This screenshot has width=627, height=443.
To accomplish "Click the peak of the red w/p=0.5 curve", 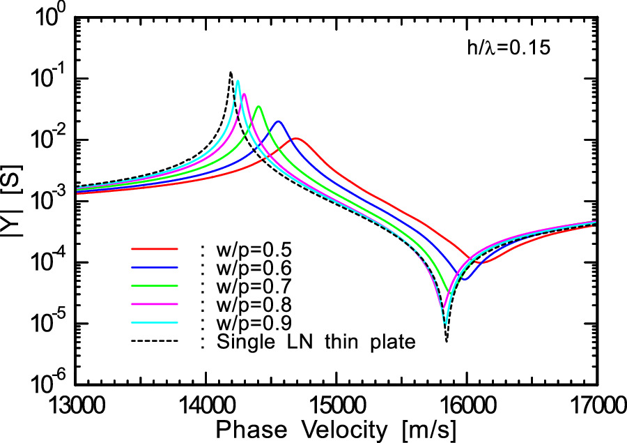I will [x=295, y=139].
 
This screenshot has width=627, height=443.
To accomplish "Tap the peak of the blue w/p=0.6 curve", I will [x=279, y=122].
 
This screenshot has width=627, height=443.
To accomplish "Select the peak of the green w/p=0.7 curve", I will [x=258, y=107].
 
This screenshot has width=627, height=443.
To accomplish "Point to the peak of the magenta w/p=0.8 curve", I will [x=244, y=94].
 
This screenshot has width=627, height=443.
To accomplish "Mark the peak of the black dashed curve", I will [x=231, y=73].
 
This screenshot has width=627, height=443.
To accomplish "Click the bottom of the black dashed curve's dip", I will [x=446, y=340].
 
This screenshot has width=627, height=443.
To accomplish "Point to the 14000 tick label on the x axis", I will [x=205, y=406].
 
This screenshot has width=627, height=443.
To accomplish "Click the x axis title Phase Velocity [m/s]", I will [x=335, y=429].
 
